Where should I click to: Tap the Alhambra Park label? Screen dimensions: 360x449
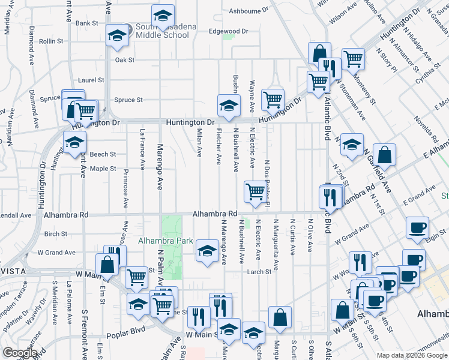coord(165,241)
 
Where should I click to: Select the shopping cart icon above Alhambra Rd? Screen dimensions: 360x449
coord(255,191)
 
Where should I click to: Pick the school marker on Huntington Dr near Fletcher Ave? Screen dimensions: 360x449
coord(228,106)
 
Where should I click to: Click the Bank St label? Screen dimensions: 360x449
coord(86,23)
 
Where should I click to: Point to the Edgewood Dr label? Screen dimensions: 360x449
coord(228,31)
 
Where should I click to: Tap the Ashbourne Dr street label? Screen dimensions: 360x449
coord(249,11)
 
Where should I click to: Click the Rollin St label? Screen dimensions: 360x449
coord(51,41)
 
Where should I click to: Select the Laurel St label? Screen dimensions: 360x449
coord(91,80)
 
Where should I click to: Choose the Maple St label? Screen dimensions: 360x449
coord(103,169)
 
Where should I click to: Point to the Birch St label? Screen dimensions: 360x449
coord(56,234)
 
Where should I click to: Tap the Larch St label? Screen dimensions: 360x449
coord(259,272)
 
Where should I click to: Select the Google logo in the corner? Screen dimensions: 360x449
coord(19,353)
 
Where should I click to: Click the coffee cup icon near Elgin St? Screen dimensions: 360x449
coord(417,227)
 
